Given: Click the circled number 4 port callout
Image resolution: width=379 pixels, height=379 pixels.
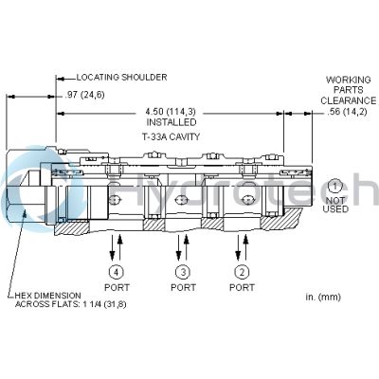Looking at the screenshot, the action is click(x=117, y=272).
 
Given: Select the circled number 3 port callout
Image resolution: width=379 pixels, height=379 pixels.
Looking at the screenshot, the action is click(x=183, y=272).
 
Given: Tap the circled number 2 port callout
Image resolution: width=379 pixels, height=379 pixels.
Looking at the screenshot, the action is click(x=242, y=272).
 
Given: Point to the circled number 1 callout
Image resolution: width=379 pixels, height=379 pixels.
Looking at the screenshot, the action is click(x=334, y=187).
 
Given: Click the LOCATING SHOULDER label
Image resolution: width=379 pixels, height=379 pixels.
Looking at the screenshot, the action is click(x=121, y=77).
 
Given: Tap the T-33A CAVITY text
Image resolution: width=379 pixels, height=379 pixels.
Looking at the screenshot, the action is click(x=171, y=136).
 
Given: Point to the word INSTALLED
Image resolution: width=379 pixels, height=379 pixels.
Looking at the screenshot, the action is click(x=171, y=122).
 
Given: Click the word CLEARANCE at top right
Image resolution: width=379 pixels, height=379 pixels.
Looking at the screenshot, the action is click(x=349, y=100).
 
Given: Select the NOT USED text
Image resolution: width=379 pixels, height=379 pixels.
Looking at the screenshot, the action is click(x=335, y=205).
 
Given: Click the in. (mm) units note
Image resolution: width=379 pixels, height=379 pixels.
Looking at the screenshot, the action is click(x=323, y=297).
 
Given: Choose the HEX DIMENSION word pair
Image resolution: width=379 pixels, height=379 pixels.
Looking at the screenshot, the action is click(x=48, y=296).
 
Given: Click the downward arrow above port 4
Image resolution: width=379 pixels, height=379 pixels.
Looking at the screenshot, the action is click(x=112, y=247).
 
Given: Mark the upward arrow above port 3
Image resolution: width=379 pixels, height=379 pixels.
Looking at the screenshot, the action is click(x=187, y=247).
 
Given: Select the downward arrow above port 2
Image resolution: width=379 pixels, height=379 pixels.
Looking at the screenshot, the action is click(x=238, y=247).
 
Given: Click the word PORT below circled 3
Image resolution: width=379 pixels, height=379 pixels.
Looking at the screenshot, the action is click(x=183, y=287).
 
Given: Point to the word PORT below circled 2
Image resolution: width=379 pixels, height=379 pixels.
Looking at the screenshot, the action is click(x=242, y=287).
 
